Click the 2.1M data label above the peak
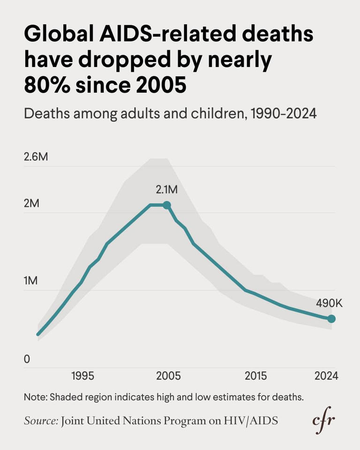click(x=167, y=190)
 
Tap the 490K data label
click(x=329, y=303)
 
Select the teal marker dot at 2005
click(x=166, y=205)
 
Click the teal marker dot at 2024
click(x=331, y=319)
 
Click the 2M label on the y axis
click(x=31, y=204)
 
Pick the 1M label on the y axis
click(x=31, y=281)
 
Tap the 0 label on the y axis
click(x=27, y=359)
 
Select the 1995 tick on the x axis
click(x=82, y=376)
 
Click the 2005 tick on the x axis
click(x=168, y=376)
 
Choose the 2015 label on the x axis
click(x=255, y=376)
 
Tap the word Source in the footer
click(x=41, y=421)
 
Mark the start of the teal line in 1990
click(x=38, y=334)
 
